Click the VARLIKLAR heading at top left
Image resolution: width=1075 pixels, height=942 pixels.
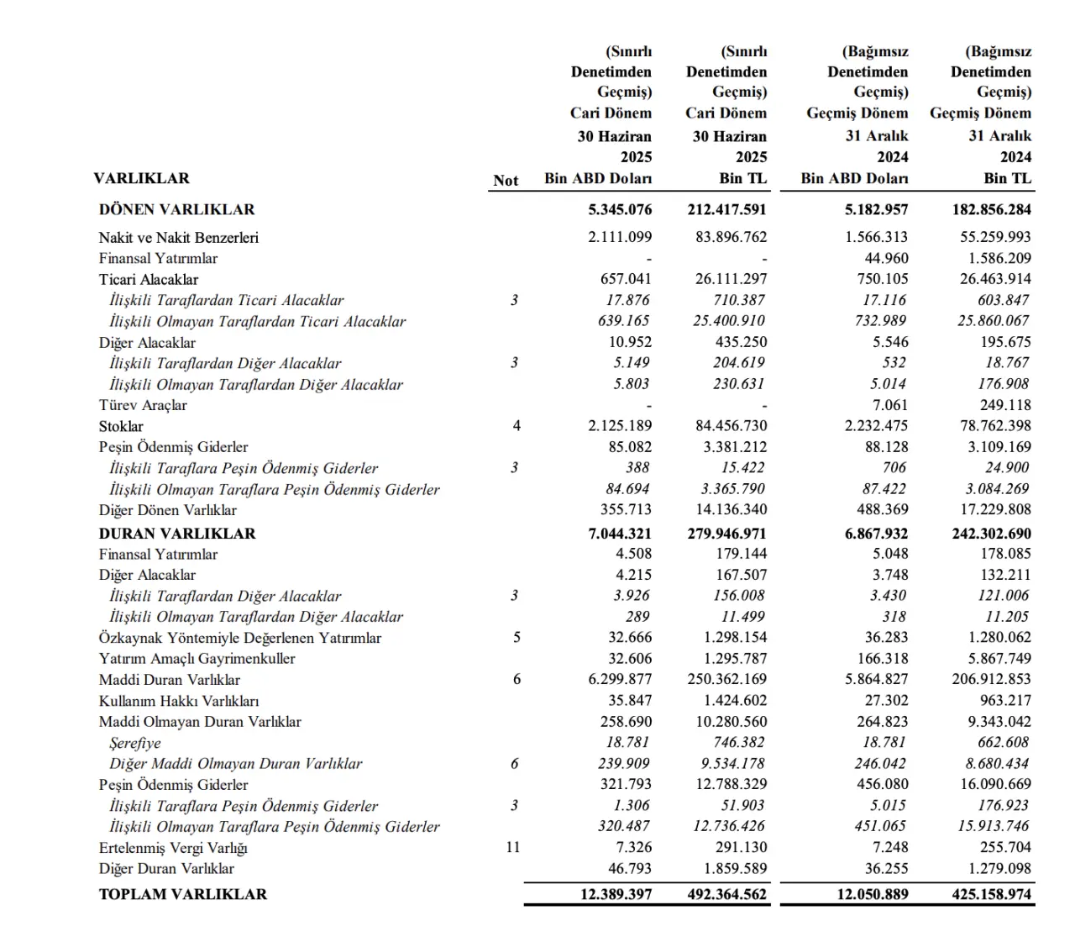[x=141, y=178]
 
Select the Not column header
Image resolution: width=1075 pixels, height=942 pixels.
[x=506, y=180]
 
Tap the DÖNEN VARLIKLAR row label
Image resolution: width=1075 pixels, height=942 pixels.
[x=176, y=209]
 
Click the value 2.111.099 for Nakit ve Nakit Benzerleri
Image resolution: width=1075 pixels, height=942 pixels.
[x=620, y=237]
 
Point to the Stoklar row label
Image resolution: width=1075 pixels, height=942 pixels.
[x=121, y=426]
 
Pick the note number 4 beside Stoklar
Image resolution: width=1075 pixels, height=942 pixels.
[x=517, y=426]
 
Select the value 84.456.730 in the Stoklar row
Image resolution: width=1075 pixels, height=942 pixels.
[x=732, y=426]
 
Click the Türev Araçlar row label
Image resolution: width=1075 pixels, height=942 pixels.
[x=143, y=405]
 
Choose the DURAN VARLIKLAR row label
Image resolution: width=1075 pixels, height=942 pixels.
[x=177, y=534]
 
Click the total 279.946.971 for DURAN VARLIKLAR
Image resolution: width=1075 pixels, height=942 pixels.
[x=726, y=534]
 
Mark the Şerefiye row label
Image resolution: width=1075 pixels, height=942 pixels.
[x=135, y=743]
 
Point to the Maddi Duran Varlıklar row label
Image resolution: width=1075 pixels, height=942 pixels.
[x=169, y=680]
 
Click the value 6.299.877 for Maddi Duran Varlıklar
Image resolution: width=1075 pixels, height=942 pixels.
[x=620, y=680]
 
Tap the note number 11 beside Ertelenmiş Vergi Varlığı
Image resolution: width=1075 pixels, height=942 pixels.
[x=513, y=847]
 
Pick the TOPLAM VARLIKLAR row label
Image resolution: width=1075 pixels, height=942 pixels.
[x=182, y=894]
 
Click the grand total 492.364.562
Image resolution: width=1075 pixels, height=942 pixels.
[x=726, y=894]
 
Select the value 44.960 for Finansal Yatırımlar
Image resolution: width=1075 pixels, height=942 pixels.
[x=886, y=258]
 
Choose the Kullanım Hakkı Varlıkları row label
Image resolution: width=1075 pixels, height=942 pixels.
[x=178, y=701]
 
